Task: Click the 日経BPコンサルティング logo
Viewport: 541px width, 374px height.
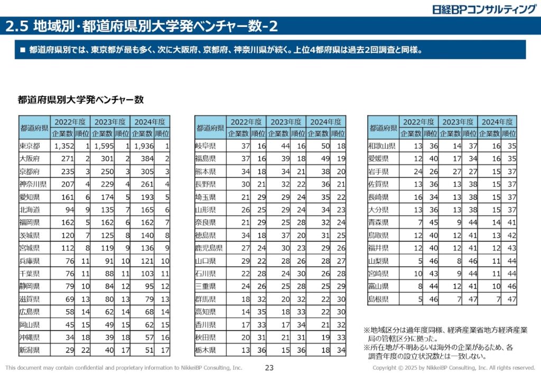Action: pos(483,9)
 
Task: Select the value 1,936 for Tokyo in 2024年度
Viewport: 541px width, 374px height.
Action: pos(143,146)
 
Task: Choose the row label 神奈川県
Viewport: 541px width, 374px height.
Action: pos(33,184)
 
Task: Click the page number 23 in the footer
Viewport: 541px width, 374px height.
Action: pos(269,368)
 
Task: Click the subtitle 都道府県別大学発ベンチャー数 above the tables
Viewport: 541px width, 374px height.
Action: pos(81,99)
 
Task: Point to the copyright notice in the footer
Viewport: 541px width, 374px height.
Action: pos(454,368)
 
